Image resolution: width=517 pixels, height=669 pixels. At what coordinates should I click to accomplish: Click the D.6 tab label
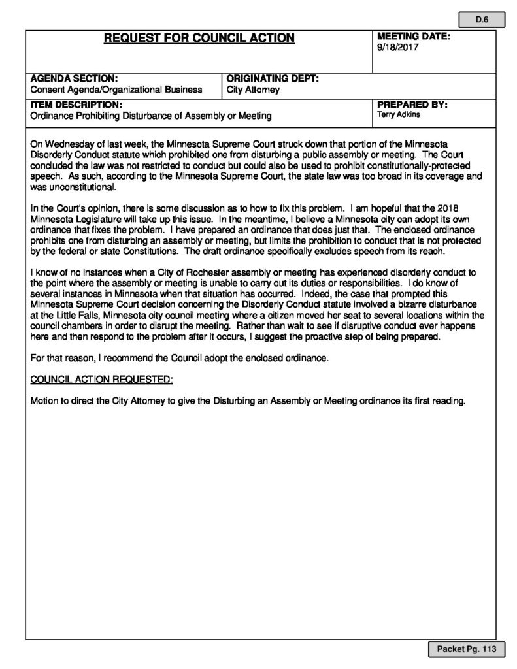click(x=482, y=20)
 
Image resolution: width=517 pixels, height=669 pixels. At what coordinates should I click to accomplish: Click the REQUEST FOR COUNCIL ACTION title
click(x=199, y=39)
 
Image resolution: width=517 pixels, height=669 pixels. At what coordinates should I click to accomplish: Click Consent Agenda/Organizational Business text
click(x=116, y=90)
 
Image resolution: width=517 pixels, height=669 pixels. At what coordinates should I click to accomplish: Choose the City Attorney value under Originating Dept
click(x=253, y=90)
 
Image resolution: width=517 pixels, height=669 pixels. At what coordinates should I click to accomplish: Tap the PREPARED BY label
click(x=412, y=105)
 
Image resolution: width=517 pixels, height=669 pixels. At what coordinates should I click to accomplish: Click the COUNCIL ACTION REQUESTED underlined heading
click(x=101, y=380)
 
